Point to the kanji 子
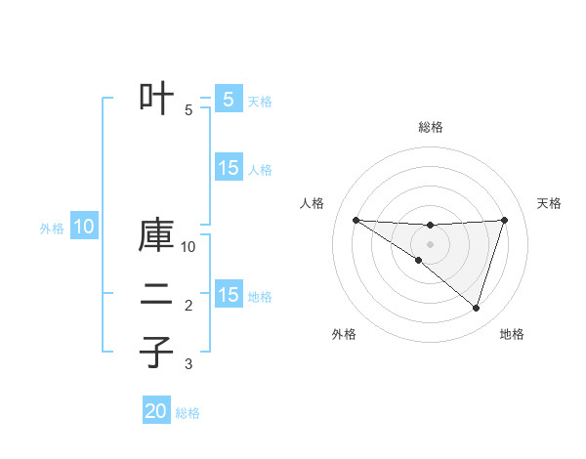coord(157,352)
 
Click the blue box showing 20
coord(156,411)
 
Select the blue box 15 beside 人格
coord(229,168)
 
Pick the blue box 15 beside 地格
coord(229,294)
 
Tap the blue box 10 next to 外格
coord(84,228)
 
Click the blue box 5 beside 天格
coord(229,99)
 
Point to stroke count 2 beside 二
coord(188,306)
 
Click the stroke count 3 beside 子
coord(188,364)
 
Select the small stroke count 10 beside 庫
coord(188,246)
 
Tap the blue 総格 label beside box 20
coord(188,413)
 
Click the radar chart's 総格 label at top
coord(430,127)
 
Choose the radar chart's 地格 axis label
coord(512,334)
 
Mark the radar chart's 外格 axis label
coord(344,334)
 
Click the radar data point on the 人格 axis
coord(356,220)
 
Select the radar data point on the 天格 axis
coord(505,220)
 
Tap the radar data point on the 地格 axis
coord(476,308)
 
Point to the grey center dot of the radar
coord(430,243)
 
